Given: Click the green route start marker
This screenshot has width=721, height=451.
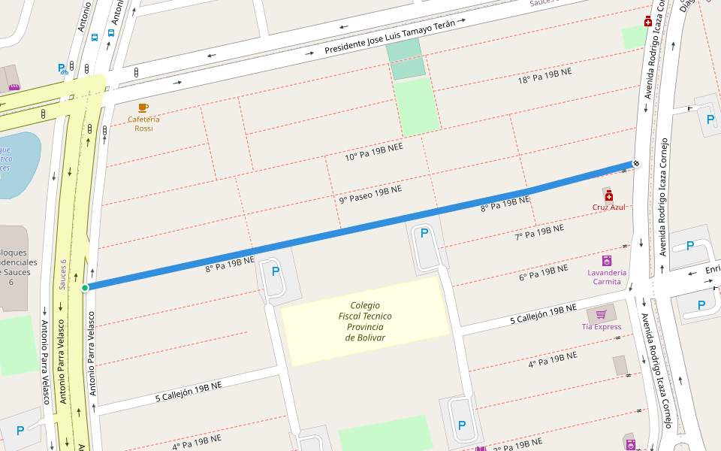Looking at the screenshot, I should point(85,287).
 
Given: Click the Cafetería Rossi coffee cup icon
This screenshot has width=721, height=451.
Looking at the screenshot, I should point(143,108).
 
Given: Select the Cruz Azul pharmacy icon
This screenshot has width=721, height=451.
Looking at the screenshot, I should point(608,195).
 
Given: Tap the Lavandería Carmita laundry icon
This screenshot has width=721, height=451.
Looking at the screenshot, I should point(607,260).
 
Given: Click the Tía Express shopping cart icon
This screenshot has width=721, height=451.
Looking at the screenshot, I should point(601,314).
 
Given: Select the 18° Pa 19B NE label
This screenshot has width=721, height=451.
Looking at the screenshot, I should point(545,76).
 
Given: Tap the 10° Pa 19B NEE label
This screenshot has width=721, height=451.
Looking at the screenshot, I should point(374,153).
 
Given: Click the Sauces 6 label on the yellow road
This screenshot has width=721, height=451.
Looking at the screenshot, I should point(64,274).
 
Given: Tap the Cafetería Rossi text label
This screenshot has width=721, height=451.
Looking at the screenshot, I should point(143,124).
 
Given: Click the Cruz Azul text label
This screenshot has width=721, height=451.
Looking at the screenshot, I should point(608,207).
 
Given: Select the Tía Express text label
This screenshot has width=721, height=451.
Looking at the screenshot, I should point(602,326).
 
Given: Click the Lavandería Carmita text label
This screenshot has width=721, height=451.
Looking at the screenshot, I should point(607,277).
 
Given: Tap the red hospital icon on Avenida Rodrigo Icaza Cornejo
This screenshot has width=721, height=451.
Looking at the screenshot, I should point(648,23).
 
